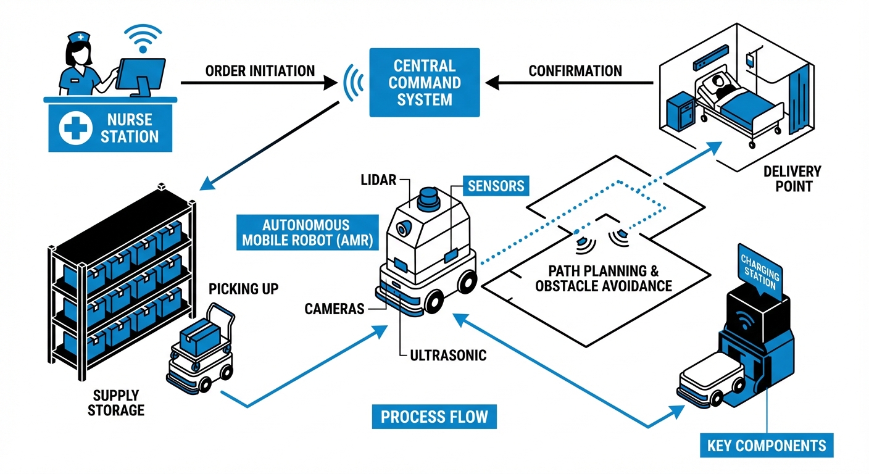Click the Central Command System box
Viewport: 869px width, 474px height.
click(x=424, y=82)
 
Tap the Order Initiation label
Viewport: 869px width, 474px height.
click(x=260, y=71)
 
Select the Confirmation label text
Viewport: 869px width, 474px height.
click(x=575, y=71)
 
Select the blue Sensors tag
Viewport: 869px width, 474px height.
click(x=496, y=185)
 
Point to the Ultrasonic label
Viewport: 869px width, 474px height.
click(x=448, y=355)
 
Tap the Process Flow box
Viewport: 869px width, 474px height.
click(x=434, y=417)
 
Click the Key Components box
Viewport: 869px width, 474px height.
click(x=767, y=445)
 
